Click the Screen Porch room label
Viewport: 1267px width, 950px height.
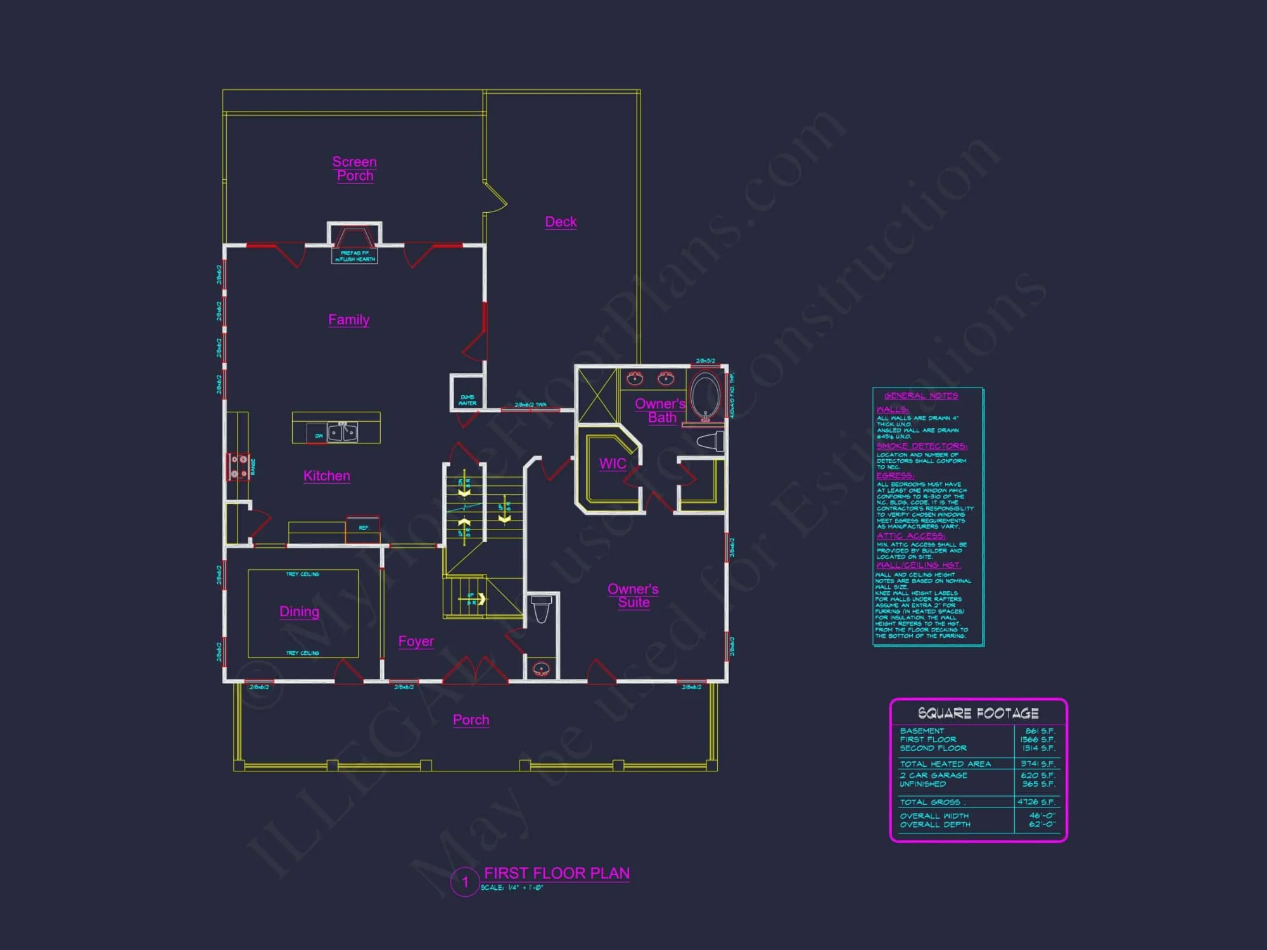pyautogui.click(x=354, y=168)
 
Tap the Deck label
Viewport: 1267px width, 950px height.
pyautogui.click(x=561, y=222)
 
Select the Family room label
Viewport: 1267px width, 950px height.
pyautogui.click(x=348, y=320)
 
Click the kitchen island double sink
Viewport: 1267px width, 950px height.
pyautogui.click(x=342, y=432)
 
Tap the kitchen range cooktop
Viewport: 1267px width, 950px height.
pyautogui.click(x=239, y=467)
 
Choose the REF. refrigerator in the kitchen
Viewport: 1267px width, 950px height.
pyautogui.click(x=363, y=528)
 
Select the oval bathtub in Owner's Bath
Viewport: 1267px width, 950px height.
pyautogui.click(x=705, y=396)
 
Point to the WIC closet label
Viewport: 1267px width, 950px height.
pyautogui.click(x=613, y=464)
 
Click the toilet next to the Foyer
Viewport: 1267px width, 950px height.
pyautogui.click(x=541, y=609)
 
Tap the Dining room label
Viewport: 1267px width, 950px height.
pyautogui.click(x=299, y=611)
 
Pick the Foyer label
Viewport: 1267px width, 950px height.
pyautogui.click(x=416, y=641)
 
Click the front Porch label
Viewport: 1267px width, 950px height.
pyautogui.click(x=471, y=719)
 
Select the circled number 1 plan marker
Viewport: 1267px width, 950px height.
pyautogui.click(x=465, y=882)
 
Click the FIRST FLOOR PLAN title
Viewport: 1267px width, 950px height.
pyautogui.click(x=557, y=873)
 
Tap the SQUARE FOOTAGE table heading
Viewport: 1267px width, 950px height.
pyautogui.click(x=978, y=713)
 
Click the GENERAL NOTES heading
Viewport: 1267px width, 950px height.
pyautogui.click(x=921, y=396)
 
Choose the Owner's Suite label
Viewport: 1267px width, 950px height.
pyautogui.click(x=633, y=595)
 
